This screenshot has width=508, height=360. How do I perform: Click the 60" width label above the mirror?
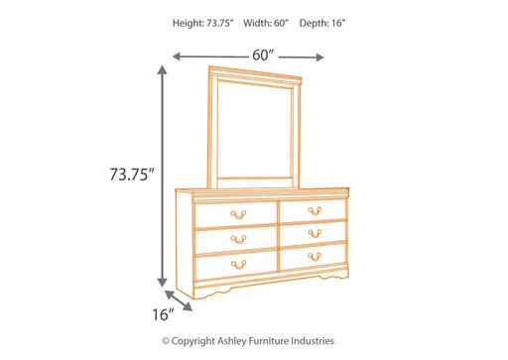coord(263,56)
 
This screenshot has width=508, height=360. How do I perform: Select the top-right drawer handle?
coord(314,210)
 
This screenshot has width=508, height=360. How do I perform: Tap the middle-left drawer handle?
coord(237,238)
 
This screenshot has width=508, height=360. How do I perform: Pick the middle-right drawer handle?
coord(314,234)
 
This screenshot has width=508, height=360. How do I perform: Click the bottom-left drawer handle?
coord(237,263)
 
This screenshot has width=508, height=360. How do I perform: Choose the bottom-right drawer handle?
coord(314,258)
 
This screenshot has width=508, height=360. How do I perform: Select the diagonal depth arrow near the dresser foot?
coord(180,300)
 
